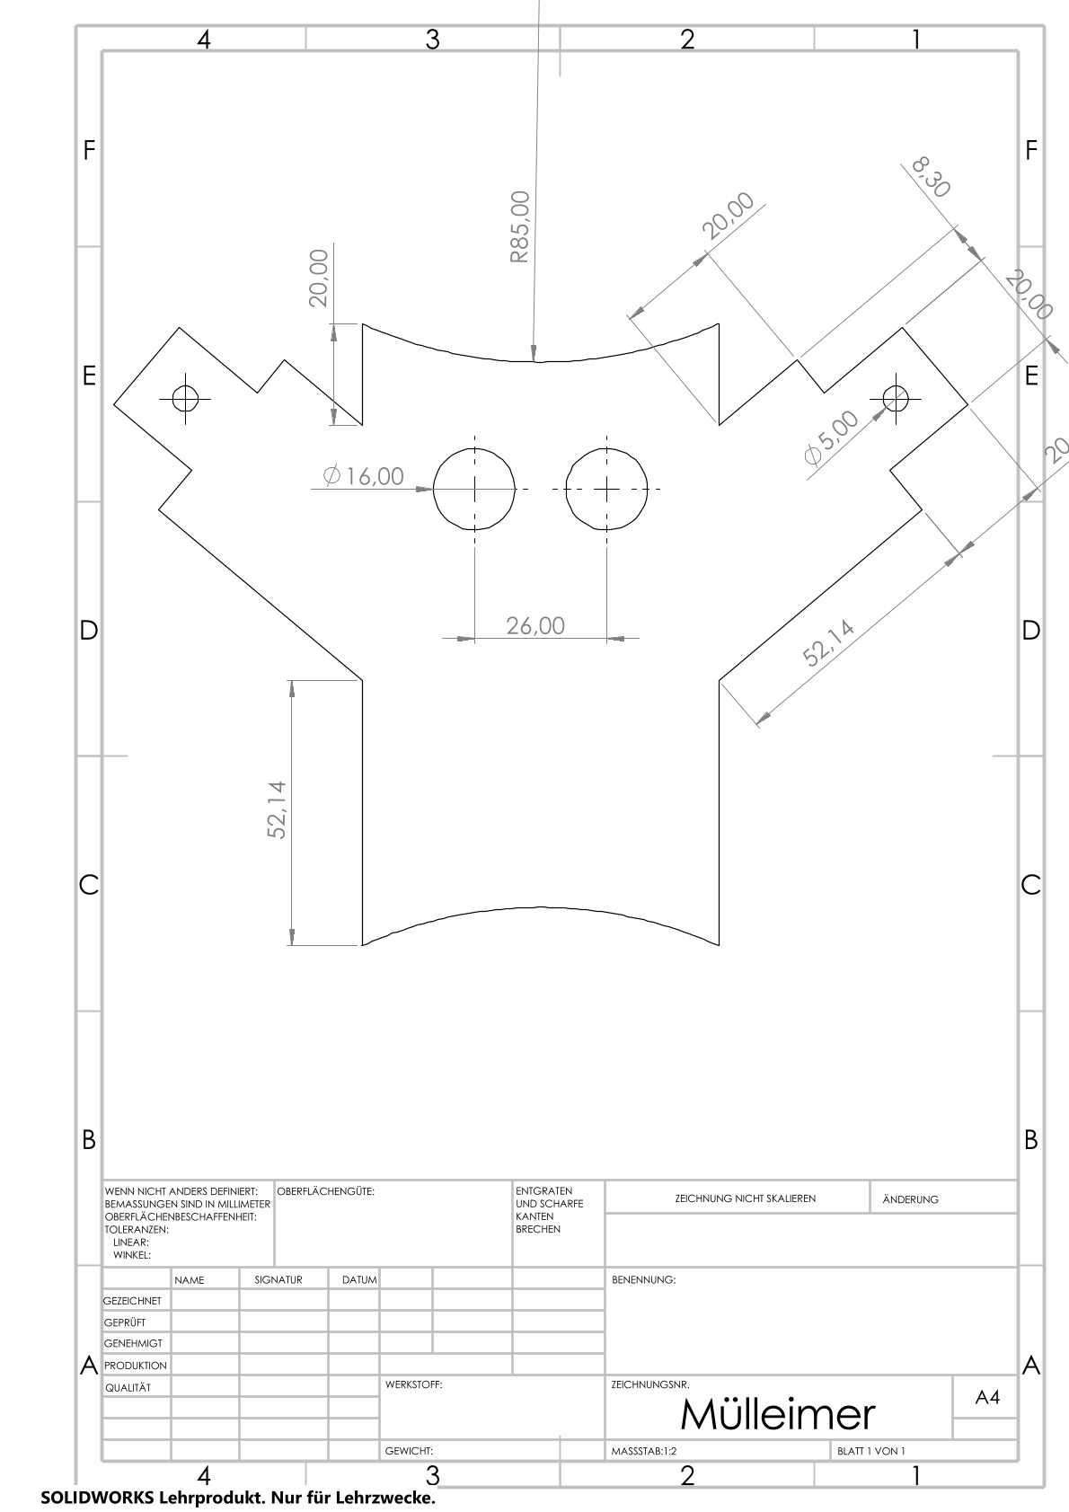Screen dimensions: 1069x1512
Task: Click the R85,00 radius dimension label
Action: click(x=519, y=226)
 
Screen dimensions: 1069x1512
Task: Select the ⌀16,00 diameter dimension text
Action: click(x=364, y=476)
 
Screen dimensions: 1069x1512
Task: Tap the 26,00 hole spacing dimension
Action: click(x=535, y=625)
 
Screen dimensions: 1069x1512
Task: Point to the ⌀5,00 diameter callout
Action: click(x=832, y=438)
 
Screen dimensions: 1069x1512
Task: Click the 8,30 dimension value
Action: click(x=931, y=177)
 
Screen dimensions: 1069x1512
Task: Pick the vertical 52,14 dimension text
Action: click(x=277, y=809)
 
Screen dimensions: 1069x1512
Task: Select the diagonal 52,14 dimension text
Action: click(x=828, y=642)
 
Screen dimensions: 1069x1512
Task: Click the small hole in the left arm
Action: click(x=185, y=398)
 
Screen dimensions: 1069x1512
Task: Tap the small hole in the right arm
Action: click(x=895, y=398)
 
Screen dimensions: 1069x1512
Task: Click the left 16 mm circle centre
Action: click(x=474, y=489)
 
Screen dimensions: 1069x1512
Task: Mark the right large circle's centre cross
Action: click(x=606, y=489)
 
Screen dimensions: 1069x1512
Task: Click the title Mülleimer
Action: click(x=778, y=1414)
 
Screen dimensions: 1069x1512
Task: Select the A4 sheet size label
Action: click(x=986, y=1397)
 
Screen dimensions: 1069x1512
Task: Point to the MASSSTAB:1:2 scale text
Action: click(x=644, y=1451)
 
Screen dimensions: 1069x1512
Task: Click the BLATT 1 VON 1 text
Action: click(x=871, y=1451)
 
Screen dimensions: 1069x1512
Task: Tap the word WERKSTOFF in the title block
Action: click(x=414, y=1384)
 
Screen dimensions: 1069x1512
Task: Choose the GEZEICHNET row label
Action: click(x=132, y=1301)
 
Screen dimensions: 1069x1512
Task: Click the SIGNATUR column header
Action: click(x=278, y=1280)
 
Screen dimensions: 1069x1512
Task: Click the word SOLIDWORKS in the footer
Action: click(x=98, y=1497)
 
